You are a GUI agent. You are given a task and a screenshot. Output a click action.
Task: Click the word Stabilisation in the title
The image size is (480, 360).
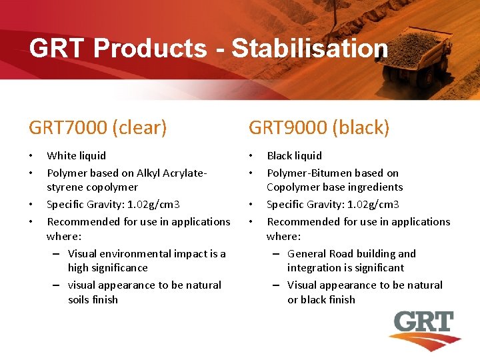coord(309,49)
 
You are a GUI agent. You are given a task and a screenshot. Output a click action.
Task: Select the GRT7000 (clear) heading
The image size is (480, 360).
coord(98,127)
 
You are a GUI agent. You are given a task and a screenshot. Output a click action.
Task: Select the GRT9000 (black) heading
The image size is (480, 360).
coord(319,127)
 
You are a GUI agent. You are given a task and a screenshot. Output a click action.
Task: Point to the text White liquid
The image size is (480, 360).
coord(76,155)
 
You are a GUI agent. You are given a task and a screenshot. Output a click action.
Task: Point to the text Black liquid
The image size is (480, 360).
coord(294,155)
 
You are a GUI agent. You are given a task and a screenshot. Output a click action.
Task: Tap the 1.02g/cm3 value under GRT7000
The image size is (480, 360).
coord(146,204)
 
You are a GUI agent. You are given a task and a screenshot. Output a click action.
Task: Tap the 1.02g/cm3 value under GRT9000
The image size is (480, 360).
coord(366,204)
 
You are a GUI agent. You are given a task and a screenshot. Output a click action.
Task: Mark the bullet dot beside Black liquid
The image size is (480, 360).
coord(251,156)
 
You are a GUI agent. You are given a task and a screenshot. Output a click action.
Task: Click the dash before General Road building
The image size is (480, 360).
coord(275,253)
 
